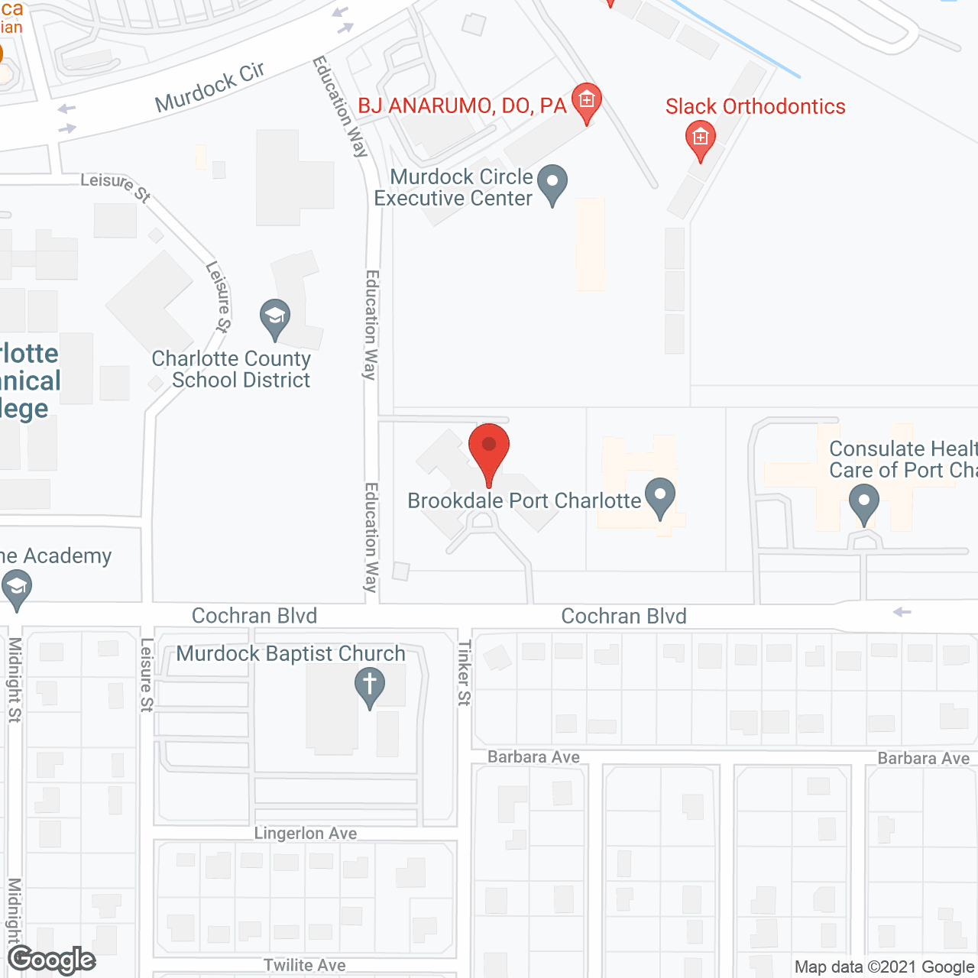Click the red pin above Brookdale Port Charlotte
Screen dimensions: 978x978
pos(489,451)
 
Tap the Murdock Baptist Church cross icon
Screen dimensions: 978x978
pos(370,685)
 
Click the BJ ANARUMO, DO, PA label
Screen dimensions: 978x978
pos(462,106)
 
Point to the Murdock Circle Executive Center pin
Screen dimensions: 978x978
pos(552,184)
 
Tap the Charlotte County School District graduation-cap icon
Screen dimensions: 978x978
pos(274,318)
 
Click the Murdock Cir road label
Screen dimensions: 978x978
pos(210,87)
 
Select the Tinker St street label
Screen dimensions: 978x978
pos(465,672)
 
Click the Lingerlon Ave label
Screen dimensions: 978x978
pos(306,833)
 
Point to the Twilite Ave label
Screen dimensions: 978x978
pos(305,965)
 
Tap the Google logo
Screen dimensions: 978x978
pos(52,960)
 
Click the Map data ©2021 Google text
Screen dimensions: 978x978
pos(885,967)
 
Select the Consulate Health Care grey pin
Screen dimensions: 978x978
pos(864,505)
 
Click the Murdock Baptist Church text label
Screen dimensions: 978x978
pos(290,654)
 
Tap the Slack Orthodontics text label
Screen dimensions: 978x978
pos(755,106)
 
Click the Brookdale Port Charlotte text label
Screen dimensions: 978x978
pos(524,500)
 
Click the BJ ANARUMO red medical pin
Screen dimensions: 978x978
pos(587,102)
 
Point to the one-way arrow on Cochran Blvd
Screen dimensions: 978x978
pos(902,612)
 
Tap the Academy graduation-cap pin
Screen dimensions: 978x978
pos(17,589)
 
